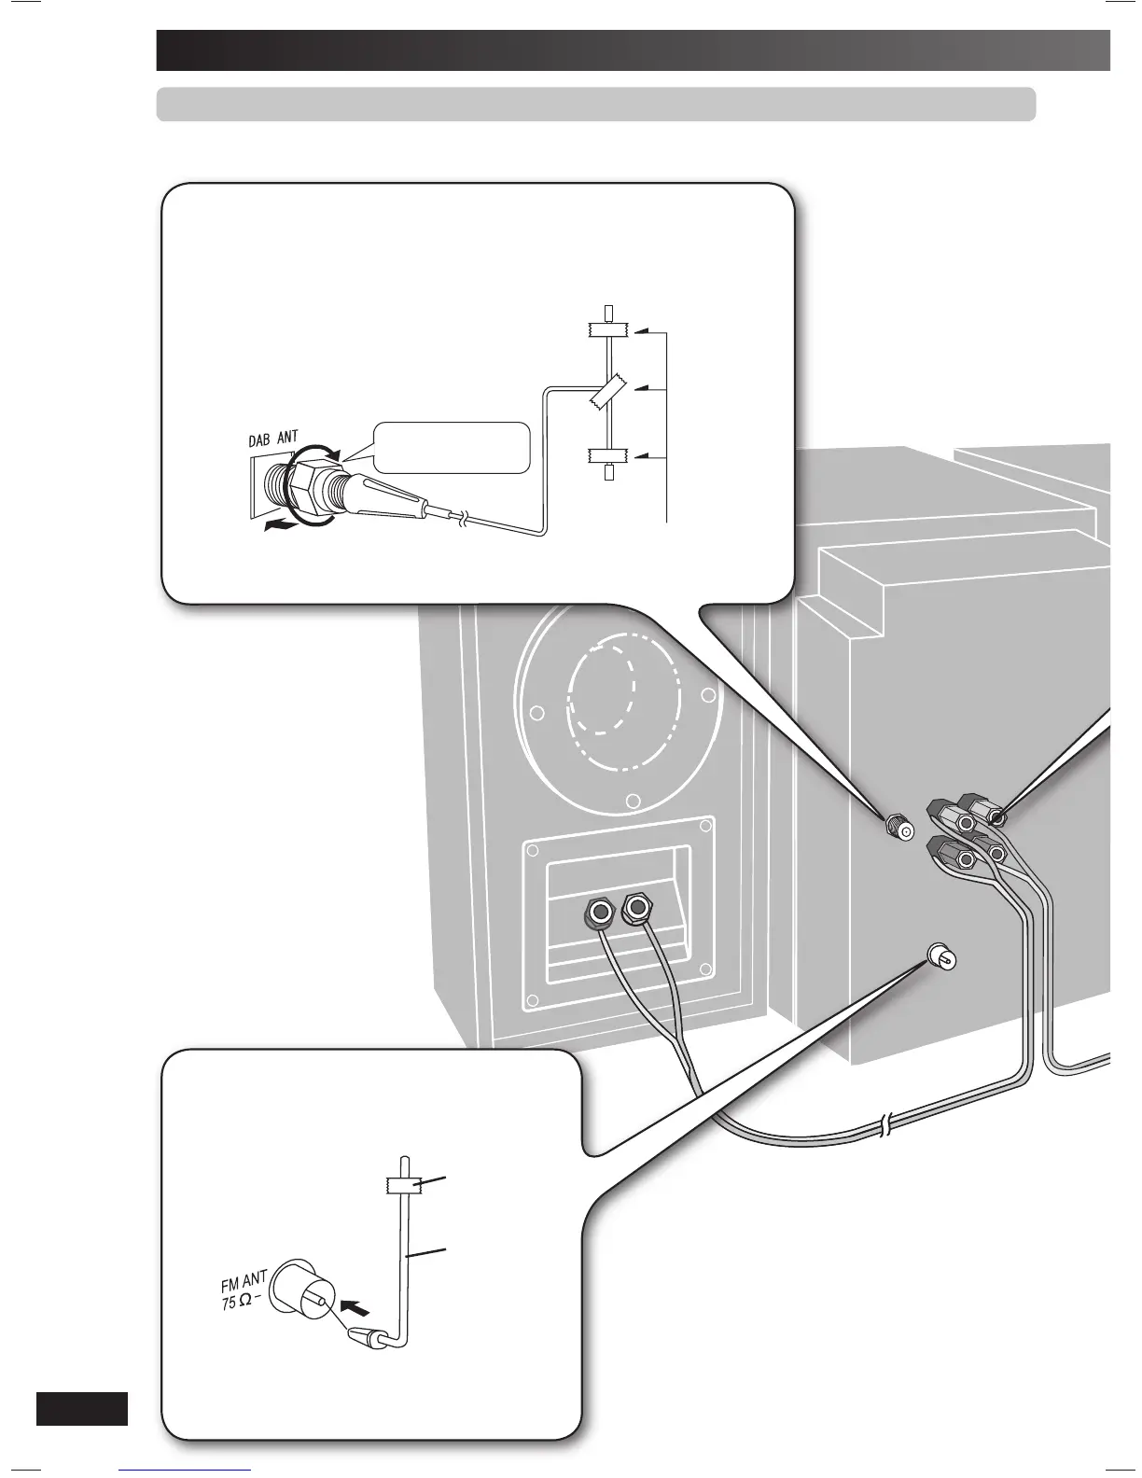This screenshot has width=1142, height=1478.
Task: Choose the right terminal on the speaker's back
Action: (x=637, y=906)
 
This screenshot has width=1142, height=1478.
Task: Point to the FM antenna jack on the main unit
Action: (x=940, y=955)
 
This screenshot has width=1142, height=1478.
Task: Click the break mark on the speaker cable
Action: (x=884, y=1126)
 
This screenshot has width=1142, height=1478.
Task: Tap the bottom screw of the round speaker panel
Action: (x=633, y=800)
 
